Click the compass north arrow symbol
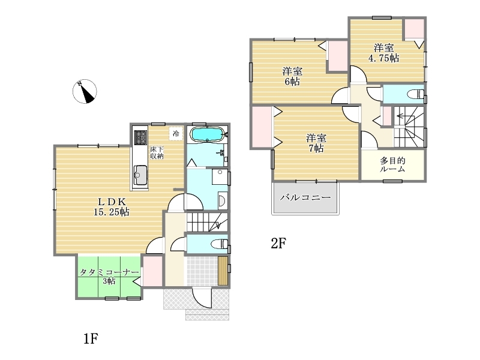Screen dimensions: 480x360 85,91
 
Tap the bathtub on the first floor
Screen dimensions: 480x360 207,134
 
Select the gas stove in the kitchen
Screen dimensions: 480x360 140,137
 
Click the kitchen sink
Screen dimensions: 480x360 140,175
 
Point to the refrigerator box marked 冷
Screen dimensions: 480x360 176,133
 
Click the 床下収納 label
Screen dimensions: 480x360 157,152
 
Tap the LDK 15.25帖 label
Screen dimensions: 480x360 112,206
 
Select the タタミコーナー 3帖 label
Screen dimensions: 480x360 109,276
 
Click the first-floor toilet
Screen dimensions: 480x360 220,244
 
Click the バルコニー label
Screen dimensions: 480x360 305,197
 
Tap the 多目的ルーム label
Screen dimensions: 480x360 393,164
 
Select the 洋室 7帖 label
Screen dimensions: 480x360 316,143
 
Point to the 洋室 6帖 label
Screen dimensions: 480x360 292,76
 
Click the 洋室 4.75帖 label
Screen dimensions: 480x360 383,53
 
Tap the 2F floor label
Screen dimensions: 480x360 278,244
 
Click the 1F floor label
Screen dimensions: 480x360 91,339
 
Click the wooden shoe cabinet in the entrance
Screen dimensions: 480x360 223,271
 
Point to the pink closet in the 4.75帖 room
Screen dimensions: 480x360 413,29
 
